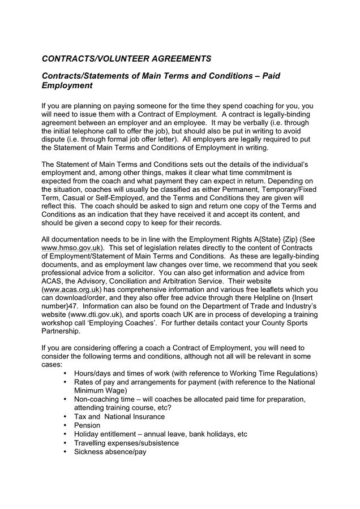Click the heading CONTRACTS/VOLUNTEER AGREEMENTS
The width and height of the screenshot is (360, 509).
coord(126,58)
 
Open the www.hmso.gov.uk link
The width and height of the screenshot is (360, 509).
coord(72,248)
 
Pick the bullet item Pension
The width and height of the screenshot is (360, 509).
coord(87,425)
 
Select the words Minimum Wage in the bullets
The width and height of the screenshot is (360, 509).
coord(100,390)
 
